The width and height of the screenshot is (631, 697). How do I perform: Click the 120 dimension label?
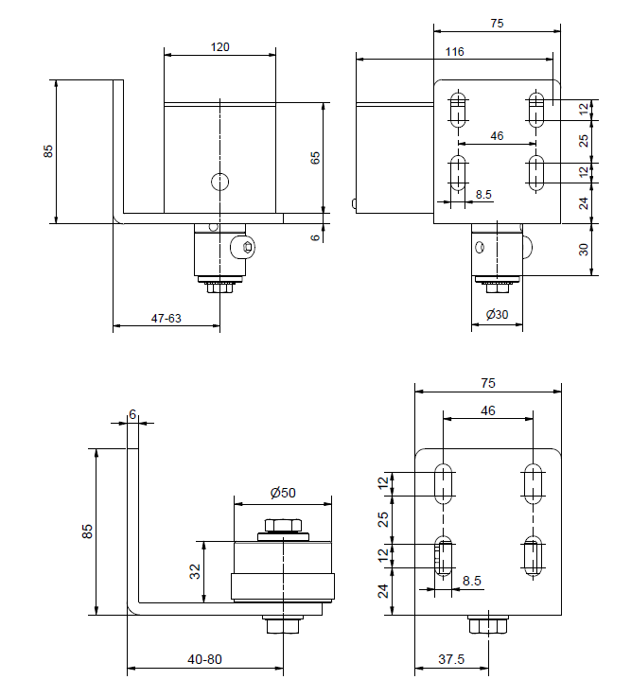pyautogui.click(x=220, y=45)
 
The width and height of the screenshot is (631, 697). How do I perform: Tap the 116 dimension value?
pyautogui.click(x=454, y=52)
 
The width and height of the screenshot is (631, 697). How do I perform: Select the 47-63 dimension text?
pyautogui.click(x=167, y=319)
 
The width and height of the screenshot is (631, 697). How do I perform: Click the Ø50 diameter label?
pyautogui.click(x=282, y=492)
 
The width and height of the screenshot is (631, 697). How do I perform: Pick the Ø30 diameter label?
pyautogui.click(x=497, y=314)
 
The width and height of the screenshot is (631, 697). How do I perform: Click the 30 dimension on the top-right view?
pyautogui.click(x=584, y=250)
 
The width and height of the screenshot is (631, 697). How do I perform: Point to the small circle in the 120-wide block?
pyautogui.click(x=219, y=182)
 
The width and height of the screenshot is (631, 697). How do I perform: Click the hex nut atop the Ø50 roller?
pyautogui.click(x=283, y=527)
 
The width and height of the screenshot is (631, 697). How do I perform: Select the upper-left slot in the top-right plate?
pyautogui.click(x=459, y=111)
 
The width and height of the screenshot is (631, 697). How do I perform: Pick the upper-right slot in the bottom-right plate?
pyautogui.click(x=533, y=482)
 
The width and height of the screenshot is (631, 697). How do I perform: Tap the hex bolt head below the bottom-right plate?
pyautogui.click(x=488, y=625)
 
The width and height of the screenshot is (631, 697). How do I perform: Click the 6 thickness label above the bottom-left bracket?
pyautogui.click(x=132, y=414)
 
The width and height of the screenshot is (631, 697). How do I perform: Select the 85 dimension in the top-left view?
pyautogui.click(x=49, y=150)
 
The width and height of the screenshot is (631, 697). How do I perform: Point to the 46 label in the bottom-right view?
pyautogui.click(x=488, y=410)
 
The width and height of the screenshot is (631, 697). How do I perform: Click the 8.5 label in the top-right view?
pyautogui.click(x=483, y=195)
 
